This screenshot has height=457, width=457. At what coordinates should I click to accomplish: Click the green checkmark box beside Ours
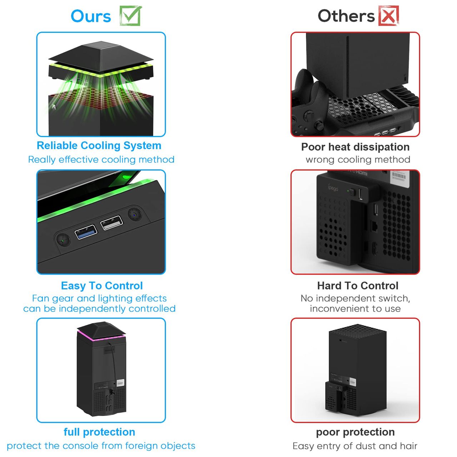pos(130,16)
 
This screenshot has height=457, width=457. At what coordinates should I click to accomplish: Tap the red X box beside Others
pos(388,16)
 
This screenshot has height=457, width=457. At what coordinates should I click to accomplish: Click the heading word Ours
pos(91,16)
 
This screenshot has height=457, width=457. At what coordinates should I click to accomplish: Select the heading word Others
pos(346,16)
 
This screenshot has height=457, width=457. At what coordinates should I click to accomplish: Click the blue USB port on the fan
pos(86,232)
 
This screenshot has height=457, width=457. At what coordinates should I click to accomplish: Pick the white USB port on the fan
pos(112,223)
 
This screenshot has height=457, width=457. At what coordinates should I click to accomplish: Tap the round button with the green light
pos(63,240)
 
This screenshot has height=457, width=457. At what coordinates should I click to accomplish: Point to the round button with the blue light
pos(135,214)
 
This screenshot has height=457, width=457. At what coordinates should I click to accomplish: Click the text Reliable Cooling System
pos(99,146)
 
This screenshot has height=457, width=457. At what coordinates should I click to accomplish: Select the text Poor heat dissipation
pos(355,147)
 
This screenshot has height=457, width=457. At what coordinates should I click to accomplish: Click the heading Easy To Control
pos(102,286)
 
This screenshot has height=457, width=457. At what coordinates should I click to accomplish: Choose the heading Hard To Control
pos(358,286)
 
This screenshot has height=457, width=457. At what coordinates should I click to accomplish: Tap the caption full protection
pos(99,432)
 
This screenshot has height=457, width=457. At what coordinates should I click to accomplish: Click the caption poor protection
pos(355,432)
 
